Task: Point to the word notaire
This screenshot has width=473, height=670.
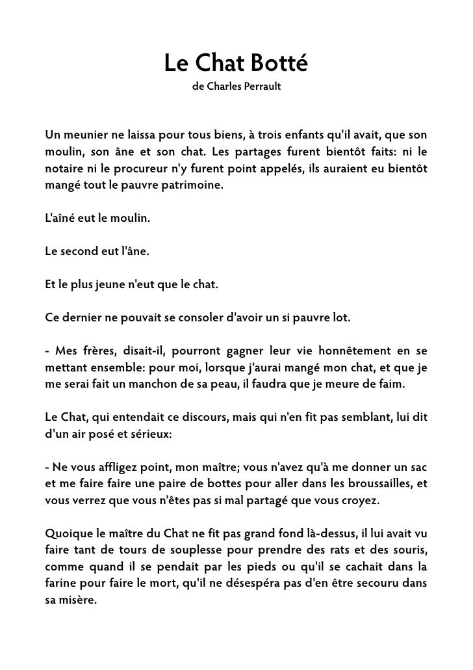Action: [x=65, y=169]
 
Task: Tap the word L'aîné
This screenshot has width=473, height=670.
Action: [x=59, y=219]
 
